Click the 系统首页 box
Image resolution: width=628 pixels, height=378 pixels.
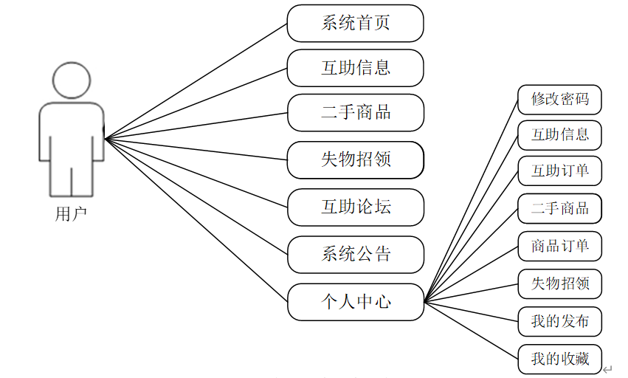[x=355, y=23]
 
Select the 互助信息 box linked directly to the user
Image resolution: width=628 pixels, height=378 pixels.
[x=355, y=68]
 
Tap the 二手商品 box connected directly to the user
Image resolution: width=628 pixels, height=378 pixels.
[x=355, y=113]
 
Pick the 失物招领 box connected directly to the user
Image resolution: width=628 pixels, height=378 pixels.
[x=355, y=159]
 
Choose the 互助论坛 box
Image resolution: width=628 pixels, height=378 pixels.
[x=355, y=207]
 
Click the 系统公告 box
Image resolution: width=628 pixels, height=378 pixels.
[x=355, y=255]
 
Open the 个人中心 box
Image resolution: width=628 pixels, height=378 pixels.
[x=355, y=301]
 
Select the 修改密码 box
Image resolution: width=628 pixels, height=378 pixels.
[x=559, y=99]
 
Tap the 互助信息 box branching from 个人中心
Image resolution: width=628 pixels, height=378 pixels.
[x=559, y=135]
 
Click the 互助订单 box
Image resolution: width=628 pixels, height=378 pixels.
[x=559, y=171]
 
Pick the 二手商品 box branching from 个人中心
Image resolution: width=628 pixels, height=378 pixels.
[x=559, y=209]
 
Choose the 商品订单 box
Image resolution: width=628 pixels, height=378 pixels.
[x=559, y=246]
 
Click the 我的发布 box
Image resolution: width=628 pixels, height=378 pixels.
[x=559, y=321]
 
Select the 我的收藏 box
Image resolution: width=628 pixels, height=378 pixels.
[x=559, y=359]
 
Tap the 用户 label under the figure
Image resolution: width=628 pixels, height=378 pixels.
[x=72, y=215]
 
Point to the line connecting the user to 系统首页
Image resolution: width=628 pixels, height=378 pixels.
[x=196, y=80]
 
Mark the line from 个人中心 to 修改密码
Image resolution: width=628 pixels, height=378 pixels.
[x=471, y=200]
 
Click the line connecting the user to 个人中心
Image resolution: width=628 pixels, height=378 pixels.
[x=196, y=220]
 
